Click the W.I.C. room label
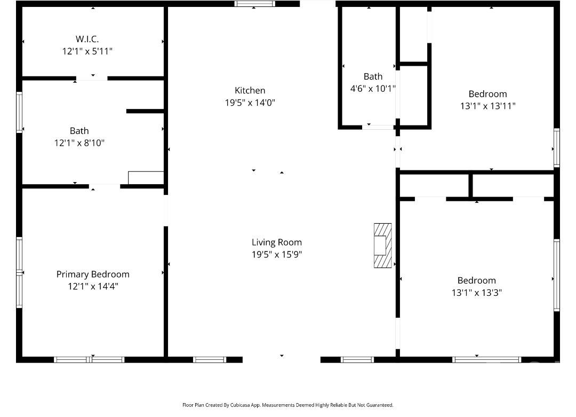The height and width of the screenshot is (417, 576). [87, 39]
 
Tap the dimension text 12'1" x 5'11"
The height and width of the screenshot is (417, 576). [87, 51]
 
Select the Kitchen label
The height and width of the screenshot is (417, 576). [250, 90]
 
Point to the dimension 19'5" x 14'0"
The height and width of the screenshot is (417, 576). [250, 103]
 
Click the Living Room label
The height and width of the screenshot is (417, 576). [277, 242]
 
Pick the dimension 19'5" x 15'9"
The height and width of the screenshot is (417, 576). [277, 255]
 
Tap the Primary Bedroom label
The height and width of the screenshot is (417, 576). [93, 274]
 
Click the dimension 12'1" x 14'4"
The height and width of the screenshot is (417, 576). [93, 286]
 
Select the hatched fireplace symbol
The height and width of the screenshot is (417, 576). [382, 245]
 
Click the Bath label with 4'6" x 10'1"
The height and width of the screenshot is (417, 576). [373, 76]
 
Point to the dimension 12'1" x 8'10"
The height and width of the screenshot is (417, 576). [79, 143]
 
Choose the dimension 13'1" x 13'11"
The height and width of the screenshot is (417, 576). [487, 106]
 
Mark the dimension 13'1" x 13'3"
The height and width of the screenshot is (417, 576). [476, 293]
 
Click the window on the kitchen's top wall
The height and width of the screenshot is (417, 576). [255, 4]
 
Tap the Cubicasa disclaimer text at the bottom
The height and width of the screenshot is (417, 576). [288, 405]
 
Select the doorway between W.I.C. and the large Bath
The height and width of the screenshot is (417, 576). [92, 78]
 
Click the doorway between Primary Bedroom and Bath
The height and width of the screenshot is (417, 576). [105, 186]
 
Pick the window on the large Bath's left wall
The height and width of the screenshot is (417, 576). [19, 112]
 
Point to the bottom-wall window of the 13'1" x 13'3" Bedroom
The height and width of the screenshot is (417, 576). [486, 359]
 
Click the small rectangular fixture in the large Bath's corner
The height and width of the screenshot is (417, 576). [146, 177]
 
